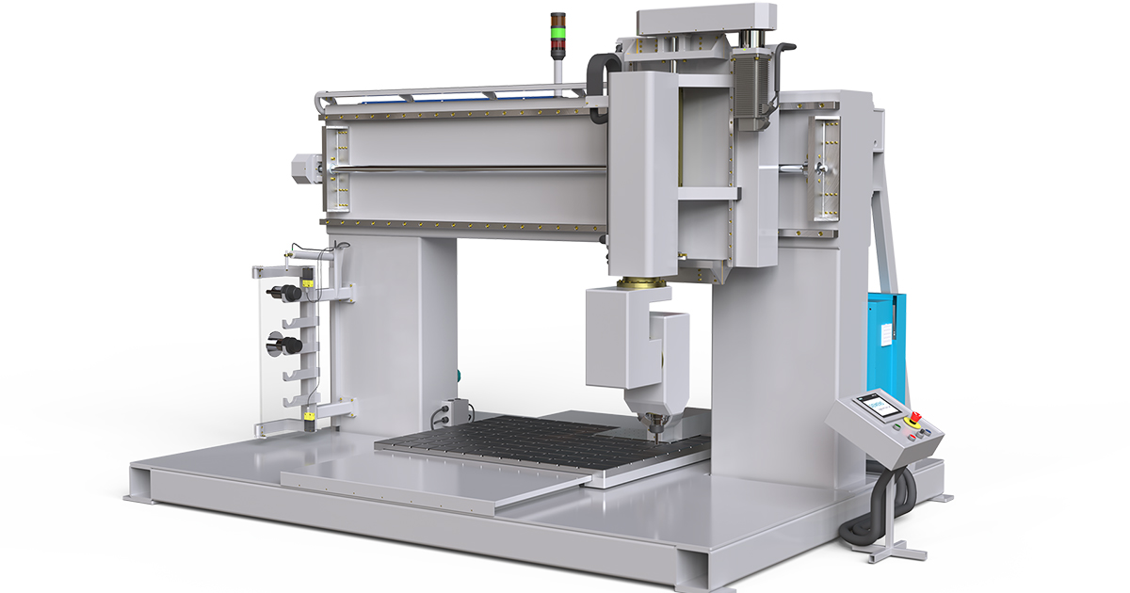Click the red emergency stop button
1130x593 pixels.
coord(912,417)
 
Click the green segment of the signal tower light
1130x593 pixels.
coord(558,36)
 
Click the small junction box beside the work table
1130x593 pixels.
coord(458,410)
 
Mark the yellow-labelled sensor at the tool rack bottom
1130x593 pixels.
coord(308,414)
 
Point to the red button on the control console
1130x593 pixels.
coord(912,417)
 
